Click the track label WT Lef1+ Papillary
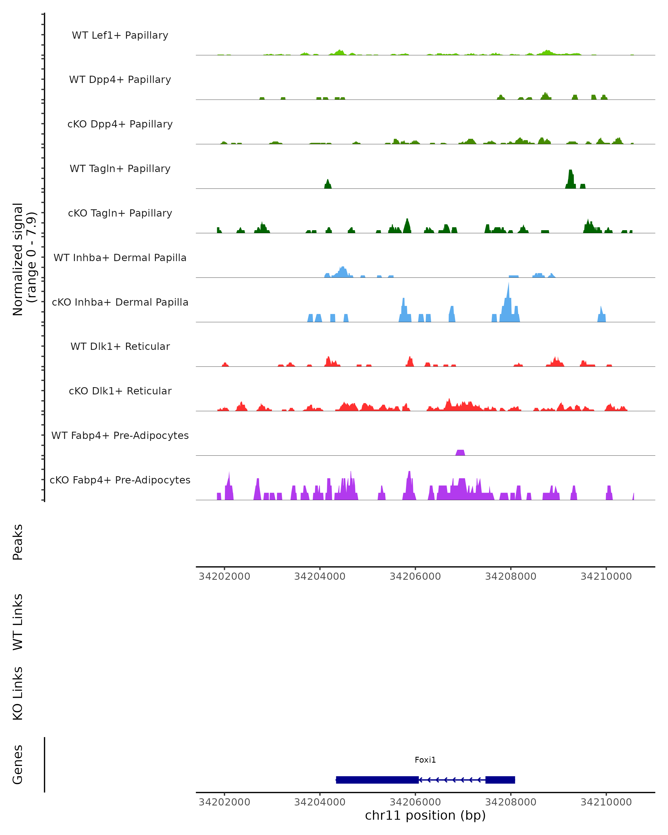(x=120, y=35)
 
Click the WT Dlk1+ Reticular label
(x=120, y=346)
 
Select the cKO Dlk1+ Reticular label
(x=120, y=391)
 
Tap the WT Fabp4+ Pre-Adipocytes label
(x=120, y=435)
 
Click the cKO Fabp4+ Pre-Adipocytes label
(x=120, y=480)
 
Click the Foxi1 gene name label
(x=425, y=760)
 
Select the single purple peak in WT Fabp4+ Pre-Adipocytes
(x=460, y=452)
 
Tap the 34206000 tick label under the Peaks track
(x=415, y=576)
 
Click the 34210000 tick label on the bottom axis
(x=606, y=802)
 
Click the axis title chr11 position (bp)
(x=425, y=815)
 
